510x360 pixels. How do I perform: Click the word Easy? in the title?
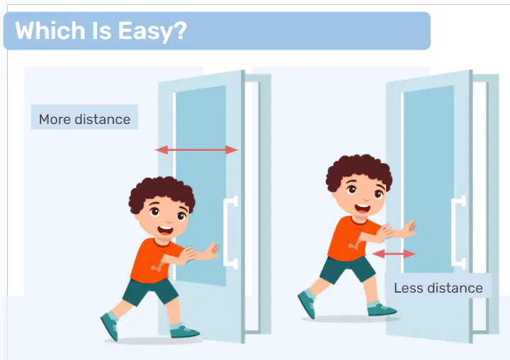152,31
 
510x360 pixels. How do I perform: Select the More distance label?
84,119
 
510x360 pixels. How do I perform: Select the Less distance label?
438,288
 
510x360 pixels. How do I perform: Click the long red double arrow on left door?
196,150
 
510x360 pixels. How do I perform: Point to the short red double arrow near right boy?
395,254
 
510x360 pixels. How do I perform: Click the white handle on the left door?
231,232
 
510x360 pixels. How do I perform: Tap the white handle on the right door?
458,232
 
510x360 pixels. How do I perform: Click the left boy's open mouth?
166,230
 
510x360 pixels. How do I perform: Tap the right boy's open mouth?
363,208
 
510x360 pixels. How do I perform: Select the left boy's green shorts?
150,291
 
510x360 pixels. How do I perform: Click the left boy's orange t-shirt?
153,260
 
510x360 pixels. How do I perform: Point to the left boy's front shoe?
184,332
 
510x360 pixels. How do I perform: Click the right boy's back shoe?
307,305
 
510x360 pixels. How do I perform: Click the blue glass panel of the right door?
429,179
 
